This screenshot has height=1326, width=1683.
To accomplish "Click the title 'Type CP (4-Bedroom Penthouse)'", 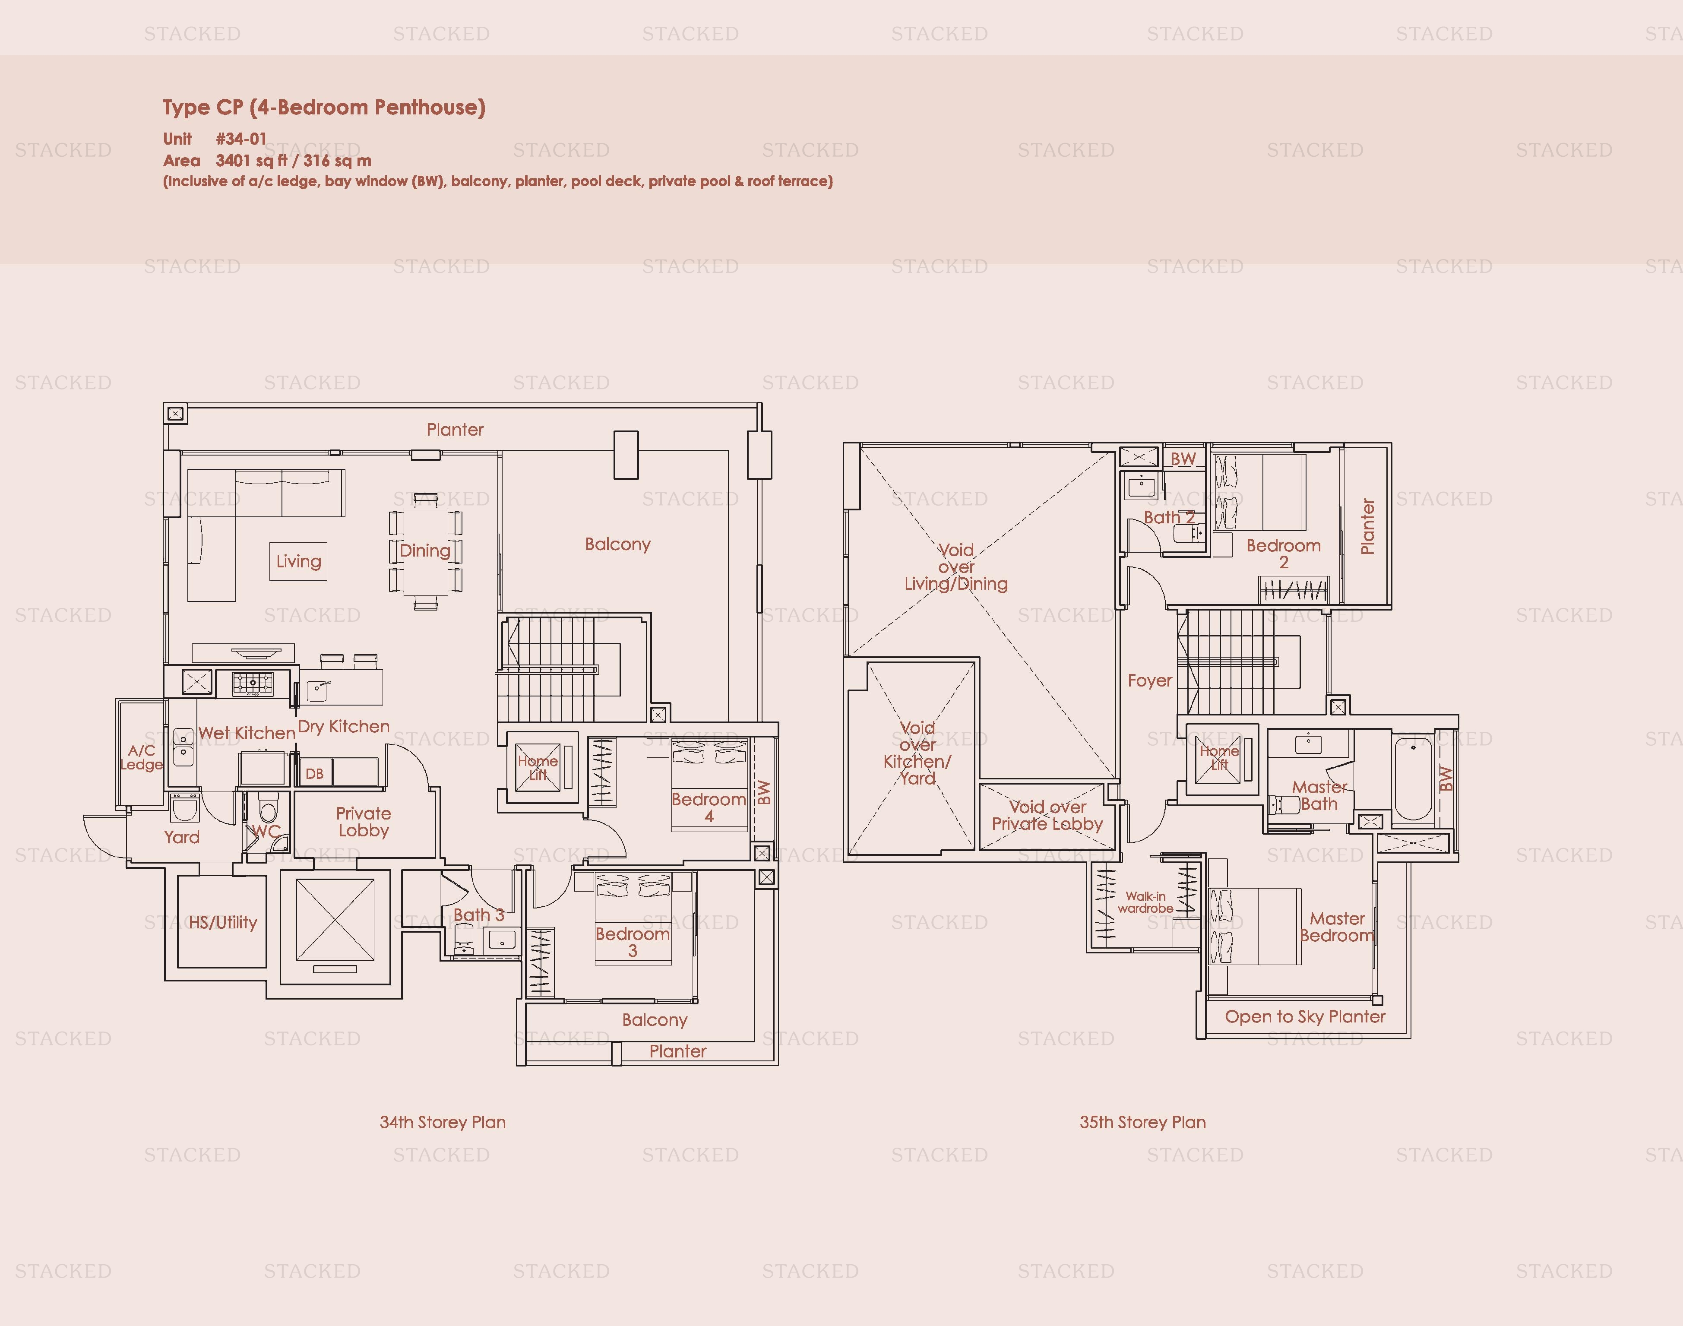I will click(324, 107).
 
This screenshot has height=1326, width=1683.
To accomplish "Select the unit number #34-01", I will click(241, 139).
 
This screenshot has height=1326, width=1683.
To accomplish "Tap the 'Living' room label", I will click(299, 561).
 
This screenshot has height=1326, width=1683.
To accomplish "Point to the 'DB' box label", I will click(314, 774).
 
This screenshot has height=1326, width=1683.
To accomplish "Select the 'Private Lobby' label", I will click(363, 821).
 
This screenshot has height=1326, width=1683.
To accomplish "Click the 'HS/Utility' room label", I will click(223, 922).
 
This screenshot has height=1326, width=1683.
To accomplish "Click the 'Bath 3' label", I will click(478, 915).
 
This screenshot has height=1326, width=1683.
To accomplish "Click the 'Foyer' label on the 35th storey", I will click(1150, 681).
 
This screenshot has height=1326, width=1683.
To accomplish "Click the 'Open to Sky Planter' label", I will click(1305, 1016).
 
